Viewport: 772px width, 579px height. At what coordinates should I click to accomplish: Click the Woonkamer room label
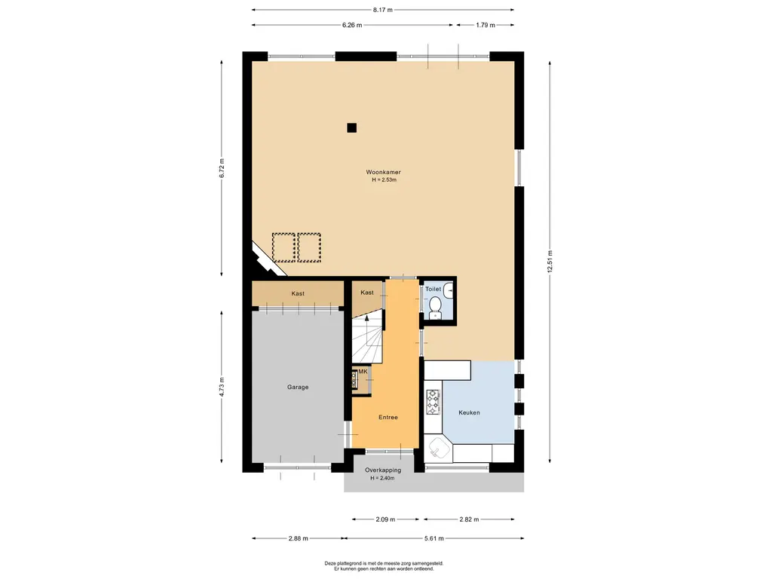tap(383, 173)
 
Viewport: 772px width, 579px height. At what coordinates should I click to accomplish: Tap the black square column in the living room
tap(351, 128)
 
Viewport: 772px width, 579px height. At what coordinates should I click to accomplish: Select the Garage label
tap(298, 387)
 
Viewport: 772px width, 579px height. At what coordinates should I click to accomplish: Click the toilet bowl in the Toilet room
tap(435, 307)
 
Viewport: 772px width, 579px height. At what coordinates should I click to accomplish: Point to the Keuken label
tap(469, 412)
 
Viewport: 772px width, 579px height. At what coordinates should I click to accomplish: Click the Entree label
tap(388, 417)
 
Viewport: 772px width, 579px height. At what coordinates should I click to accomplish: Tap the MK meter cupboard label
tap(363, 371)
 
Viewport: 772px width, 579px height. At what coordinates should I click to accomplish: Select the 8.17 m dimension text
tap(382, 10)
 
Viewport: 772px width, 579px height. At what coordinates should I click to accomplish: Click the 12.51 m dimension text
tap(550, 262)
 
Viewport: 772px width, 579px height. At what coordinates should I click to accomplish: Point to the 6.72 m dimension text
tap(222, 168)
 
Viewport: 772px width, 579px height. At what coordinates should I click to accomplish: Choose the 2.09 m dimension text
tap(385, 519)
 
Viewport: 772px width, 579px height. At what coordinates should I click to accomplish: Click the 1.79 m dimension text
tap(486, 25)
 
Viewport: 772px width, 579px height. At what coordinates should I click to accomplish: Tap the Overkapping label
tap(382, 470)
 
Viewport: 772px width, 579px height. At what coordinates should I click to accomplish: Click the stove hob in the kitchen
tap(433, 402)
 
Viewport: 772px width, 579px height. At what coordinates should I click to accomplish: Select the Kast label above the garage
tap(298, 293)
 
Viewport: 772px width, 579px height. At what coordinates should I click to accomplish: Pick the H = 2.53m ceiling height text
tap(384, 180)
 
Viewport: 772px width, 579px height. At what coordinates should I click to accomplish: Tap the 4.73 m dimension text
tap(222, 387)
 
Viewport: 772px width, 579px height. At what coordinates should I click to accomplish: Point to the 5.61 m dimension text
tap(434, 538)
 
